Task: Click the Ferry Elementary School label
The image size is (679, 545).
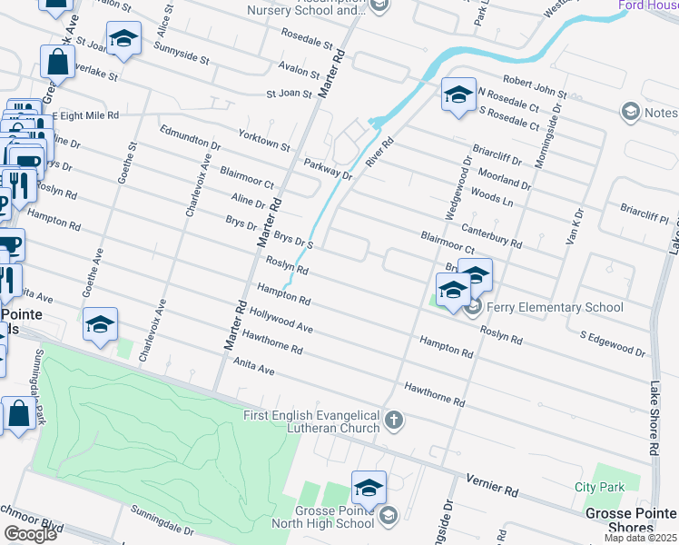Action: tap(555, 307)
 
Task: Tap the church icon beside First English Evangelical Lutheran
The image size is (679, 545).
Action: tap(393, 420)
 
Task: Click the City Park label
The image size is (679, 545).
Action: tap(599, 487)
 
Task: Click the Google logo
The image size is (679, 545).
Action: tap(30, 534)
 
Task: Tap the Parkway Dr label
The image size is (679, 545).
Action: tap(328, 168)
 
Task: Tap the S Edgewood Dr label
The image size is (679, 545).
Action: tap(613, 343)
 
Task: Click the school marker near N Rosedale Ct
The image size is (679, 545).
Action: tap(459, 94)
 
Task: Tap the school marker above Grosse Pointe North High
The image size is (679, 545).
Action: tap(369, 488)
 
